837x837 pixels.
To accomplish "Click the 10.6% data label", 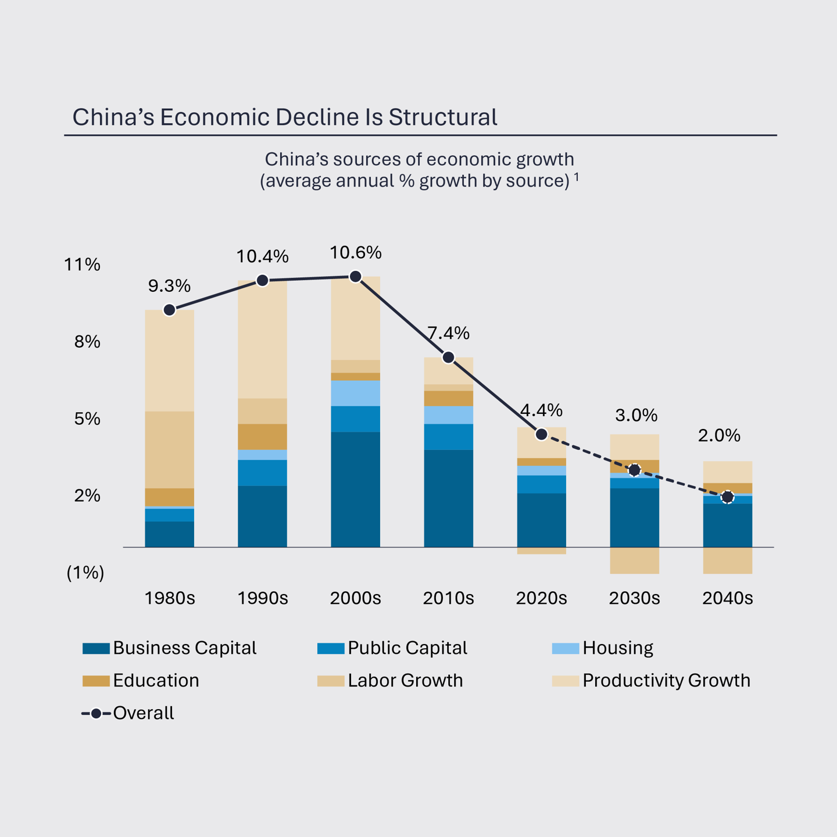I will (355, 253).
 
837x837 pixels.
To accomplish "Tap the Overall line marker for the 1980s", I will (169, 310).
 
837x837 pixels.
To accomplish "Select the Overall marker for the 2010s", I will (448, 357).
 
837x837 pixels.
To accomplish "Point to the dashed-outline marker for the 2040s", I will (727, 498).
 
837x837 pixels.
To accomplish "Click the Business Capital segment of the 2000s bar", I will (355, 489).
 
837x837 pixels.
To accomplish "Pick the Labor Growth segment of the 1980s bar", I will (169, 449).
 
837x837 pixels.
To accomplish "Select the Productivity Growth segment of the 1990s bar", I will (262, 339).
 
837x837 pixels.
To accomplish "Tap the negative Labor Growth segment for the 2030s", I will (634, 560).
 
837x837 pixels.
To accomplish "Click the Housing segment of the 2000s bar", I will (355, 394).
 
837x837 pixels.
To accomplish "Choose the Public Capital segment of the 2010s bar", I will (448, 437).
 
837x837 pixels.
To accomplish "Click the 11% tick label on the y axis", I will (82, 265).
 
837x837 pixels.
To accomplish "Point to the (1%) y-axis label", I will (85, 573).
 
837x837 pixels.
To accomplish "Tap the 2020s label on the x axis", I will (541, 598).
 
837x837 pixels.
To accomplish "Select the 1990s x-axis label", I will (262, 598).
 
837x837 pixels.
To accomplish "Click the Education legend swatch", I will (96, 681).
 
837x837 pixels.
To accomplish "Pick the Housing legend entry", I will (617, 648).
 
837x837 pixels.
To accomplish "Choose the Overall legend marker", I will (96, 713).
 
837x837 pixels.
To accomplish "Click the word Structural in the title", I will (443, 117).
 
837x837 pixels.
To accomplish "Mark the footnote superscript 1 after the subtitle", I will (577, 176).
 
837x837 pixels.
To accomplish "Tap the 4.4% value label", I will (541, 410).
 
